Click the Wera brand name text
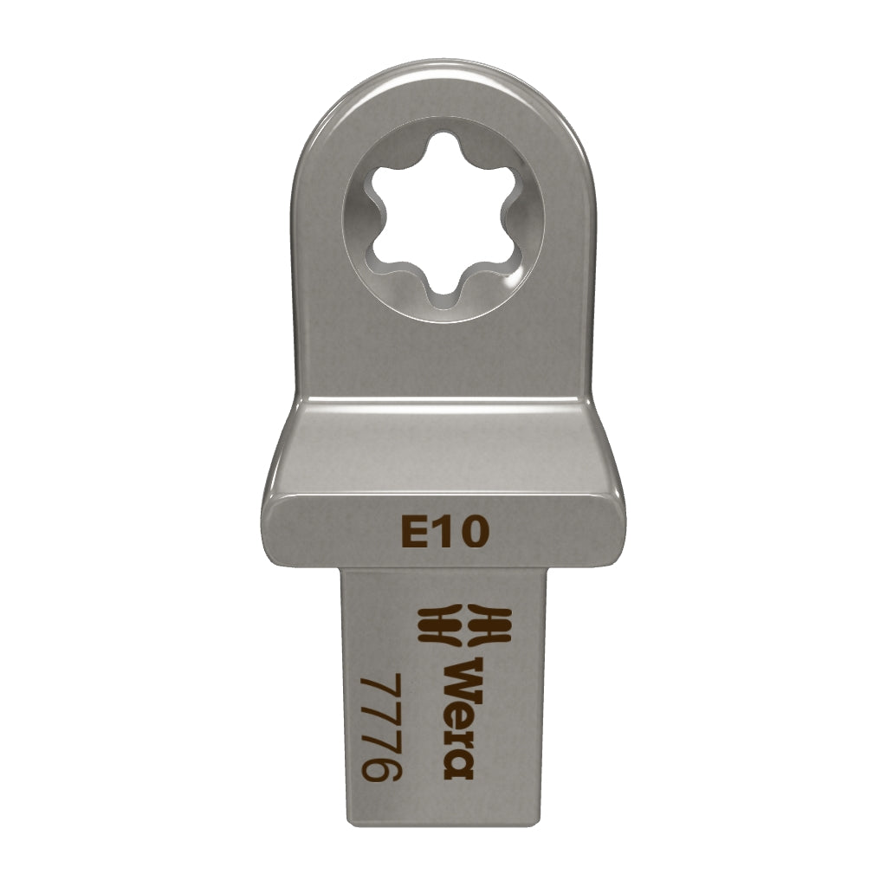coord(458,718)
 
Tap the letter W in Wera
coord(459,676)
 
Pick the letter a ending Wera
coord(457,765)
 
